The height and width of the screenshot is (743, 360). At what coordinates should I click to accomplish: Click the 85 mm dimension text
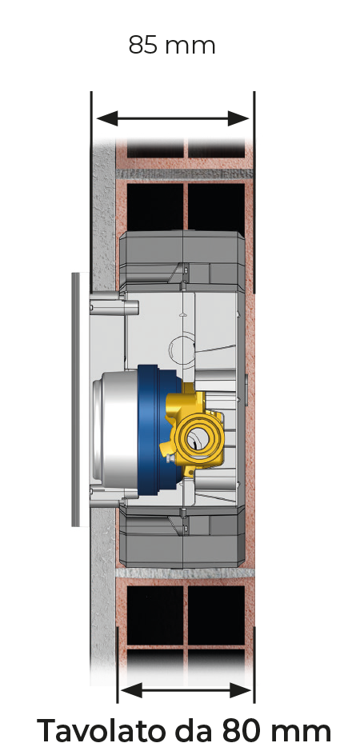coord(172,46)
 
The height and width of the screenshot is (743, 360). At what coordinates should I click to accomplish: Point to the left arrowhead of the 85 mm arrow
coord(106,118)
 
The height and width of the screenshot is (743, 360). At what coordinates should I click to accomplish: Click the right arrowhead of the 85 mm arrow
coord(238,118)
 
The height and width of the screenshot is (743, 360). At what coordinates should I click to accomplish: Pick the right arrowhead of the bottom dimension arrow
coord(240,690)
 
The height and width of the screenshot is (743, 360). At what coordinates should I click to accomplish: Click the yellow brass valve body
coord(194,429)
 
